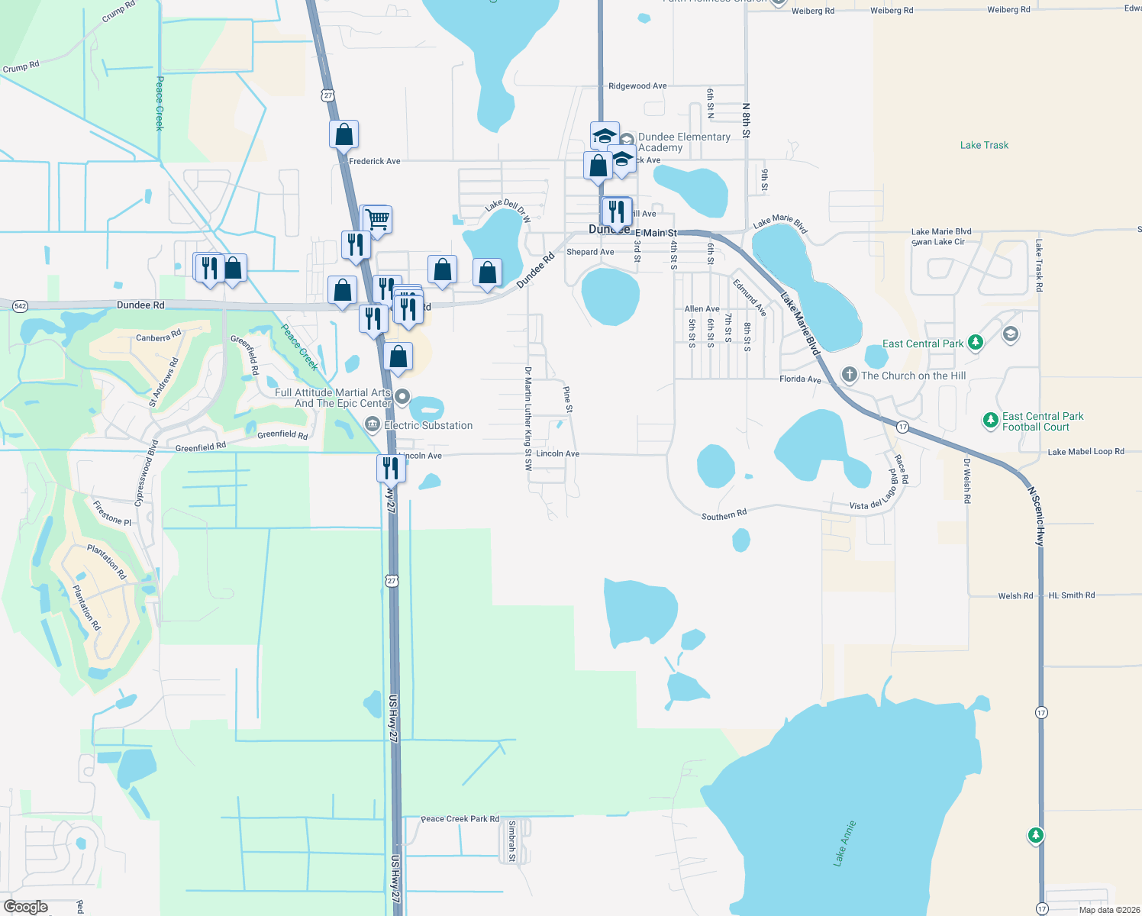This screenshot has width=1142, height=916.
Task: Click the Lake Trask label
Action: [x=984, y=145]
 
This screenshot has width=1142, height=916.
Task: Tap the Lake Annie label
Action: [x=845, y=843]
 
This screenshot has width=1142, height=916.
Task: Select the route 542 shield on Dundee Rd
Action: [x=20, y=306]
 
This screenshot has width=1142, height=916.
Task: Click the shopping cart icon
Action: [x=377, y=220]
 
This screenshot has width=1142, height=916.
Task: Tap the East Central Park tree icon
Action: [x=975, y=342]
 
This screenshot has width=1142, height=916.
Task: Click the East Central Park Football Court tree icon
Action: [x=990, y=420]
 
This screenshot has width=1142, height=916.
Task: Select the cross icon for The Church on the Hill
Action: [x=849, y=375]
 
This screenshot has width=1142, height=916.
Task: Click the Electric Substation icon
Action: [x=372, y=424]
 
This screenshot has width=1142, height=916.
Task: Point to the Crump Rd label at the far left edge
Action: [x=21, y=67]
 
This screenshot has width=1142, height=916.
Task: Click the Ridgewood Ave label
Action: [x=637, y=86]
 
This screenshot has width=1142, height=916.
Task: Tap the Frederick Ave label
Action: [x=374, y=161]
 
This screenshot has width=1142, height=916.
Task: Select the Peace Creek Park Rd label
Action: [x=460, y=819]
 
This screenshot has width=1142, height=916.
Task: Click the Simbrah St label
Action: [x=512, y=840]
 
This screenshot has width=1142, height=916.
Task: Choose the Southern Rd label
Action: [x=724, y=515]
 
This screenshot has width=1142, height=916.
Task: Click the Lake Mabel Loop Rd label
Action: [x=1086, y=452]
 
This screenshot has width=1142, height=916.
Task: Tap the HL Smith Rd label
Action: [x=1071, y=595]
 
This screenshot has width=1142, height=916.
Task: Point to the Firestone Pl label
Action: [x=111, y=513]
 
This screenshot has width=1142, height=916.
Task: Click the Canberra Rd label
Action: [x=158, y=336]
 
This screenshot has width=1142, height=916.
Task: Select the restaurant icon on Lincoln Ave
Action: [x=390, y=467]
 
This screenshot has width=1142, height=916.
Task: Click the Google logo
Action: [x=26, y=907]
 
